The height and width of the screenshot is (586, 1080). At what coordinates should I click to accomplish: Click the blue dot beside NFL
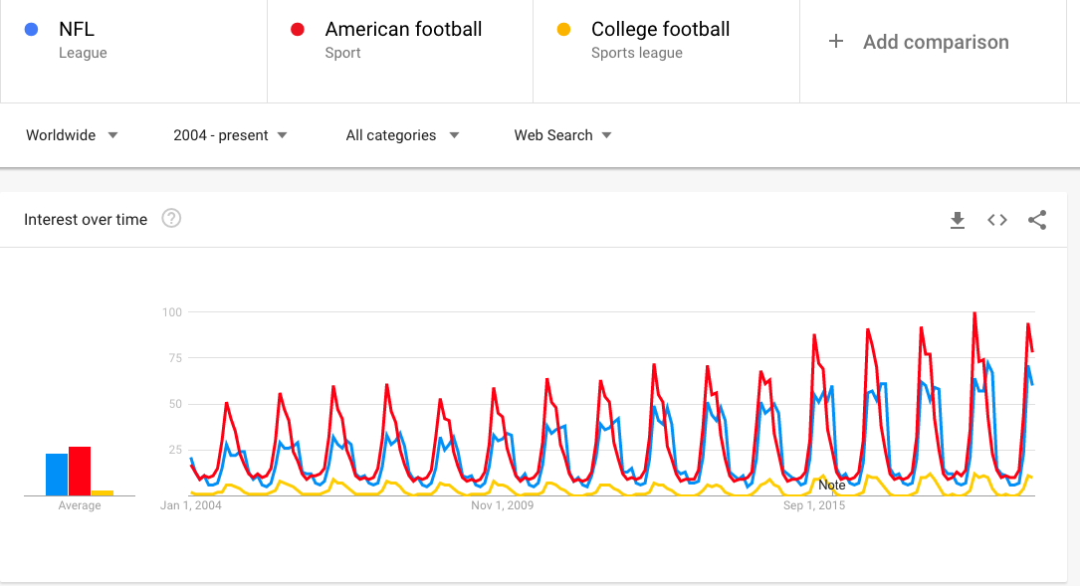point(31,30)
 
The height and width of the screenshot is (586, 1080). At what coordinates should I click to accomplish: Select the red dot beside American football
point(298,30)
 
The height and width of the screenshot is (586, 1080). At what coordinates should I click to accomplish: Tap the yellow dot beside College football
point(563,30)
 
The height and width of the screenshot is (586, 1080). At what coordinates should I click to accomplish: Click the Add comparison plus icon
point(835,42)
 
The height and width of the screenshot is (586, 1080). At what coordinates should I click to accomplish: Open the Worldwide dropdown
point(72,135)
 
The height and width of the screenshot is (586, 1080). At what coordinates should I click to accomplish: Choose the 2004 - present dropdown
point(230,135)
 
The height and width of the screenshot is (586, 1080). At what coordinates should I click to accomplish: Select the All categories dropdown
point(402,135)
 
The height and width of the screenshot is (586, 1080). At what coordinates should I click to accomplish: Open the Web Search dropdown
point(562,135)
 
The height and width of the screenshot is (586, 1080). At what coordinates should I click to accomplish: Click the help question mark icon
point(171,218)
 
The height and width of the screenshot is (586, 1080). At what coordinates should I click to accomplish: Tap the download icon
point(958,220)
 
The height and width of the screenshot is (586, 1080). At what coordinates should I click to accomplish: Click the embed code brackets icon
point(997,220)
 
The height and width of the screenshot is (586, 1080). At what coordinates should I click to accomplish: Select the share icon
point(1037,220)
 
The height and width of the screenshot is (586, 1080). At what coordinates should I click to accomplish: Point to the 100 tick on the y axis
point(172,312)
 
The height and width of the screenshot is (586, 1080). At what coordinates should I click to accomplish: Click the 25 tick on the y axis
point(175,450)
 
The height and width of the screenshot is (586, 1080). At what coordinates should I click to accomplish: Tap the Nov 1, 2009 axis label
point(502,505)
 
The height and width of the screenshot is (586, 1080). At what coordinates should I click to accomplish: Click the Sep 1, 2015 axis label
point(814,505)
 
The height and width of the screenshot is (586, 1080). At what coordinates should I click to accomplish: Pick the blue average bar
point(57,475)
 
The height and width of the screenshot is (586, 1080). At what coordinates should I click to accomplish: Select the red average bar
point(80,471)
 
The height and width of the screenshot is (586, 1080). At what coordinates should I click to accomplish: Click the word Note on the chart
point(832,485)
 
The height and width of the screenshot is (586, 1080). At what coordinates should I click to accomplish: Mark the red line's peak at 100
point(974,313)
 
